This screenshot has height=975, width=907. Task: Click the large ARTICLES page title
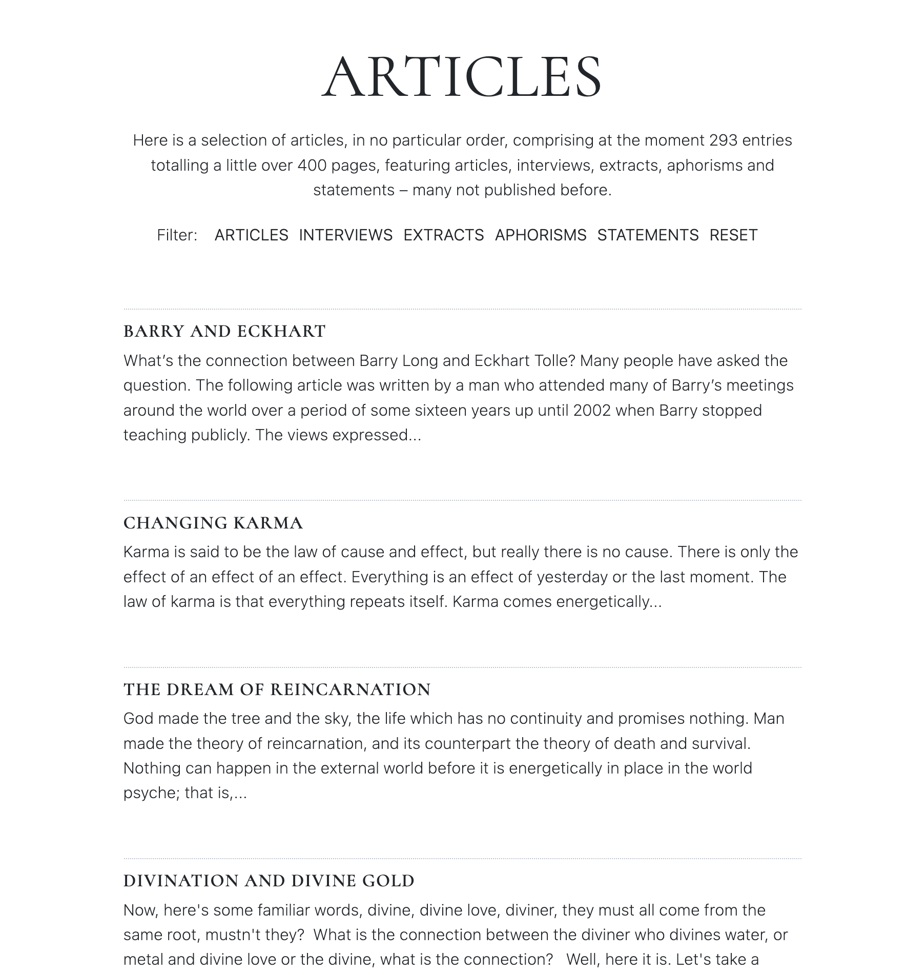[462, 77]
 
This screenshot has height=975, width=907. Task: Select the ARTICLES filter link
[251, 235]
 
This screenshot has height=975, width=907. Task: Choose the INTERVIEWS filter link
[345, 235]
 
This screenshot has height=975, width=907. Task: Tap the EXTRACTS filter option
[443, 235]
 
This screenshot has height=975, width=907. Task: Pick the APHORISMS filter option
[540, 235]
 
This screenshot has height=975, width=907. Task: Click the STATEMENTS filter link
[648, 235]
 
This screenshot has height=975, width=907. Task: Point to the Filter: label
[177, 235]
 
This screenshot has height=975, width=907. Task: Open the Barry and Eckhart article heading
[224, 332]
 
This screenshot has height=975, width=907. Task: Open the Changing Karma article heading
[213, 523]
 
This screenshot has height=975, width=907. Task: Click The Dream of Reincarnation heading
[277, 689]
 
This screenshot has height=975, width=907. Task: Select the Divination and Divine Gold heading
[269, 881]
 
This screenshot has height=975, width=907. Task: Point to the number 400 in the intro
[312, 165]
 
